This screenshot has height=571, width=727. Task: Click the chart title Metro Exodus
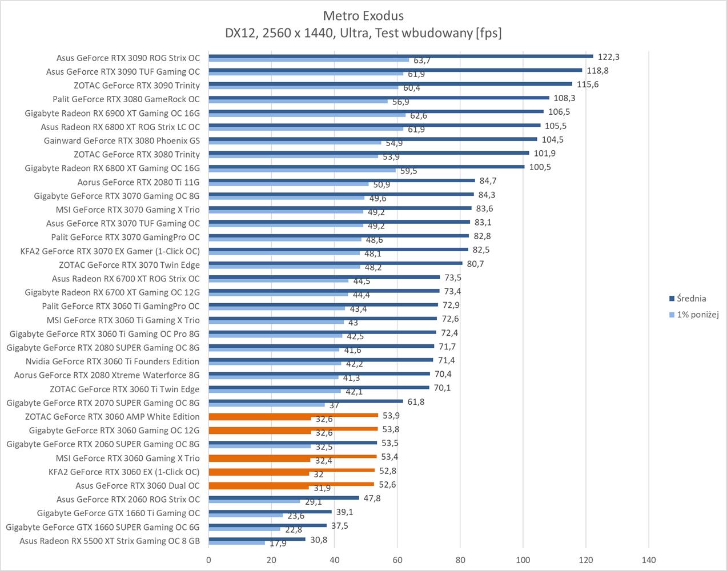tap(363, 15)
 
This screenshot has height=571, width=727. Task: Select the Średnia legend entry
tap(691, 299)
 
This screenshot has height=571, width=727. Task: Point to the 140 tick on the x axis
tap(649, 560)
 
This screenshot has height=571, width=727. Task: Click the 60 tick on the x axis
tap(397, 560)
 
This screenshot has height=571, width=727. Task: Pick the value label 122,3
tap(609, 57)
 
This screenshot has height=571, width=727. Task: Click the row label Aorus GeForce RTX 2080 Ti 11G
tap(139, 182)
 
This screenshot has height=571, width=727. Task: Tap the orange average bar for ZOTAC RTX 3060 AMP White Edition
tap(294, 415)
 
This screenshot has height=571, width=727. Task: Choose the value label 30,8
tap(318, 540)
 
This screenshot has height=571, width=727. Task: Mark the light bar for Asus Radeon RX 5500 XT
tap(237, 542)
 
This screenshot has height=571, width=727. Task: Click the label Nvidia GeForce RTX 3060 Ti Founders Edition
tap(113, 361)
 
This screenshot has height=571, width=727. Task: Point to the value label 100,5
tap(540, 167)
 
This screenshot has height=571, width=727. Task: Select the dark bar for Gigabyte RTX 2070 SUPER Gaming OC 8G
tap(306, 401)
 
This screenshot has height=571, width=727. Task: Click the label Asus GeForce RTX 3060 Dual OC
tap(138, 486)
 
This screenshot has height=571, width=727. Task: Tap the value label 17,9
tap(278, 544)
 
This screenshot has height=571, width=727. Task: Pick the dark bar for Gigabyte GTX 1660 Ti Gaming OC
tap(270, 512)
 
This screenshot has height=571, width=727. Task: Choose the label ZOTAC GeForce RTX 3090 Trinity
tap(137, 86)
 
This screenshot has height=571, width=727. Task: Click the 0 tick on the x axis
tap(208, 560)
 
